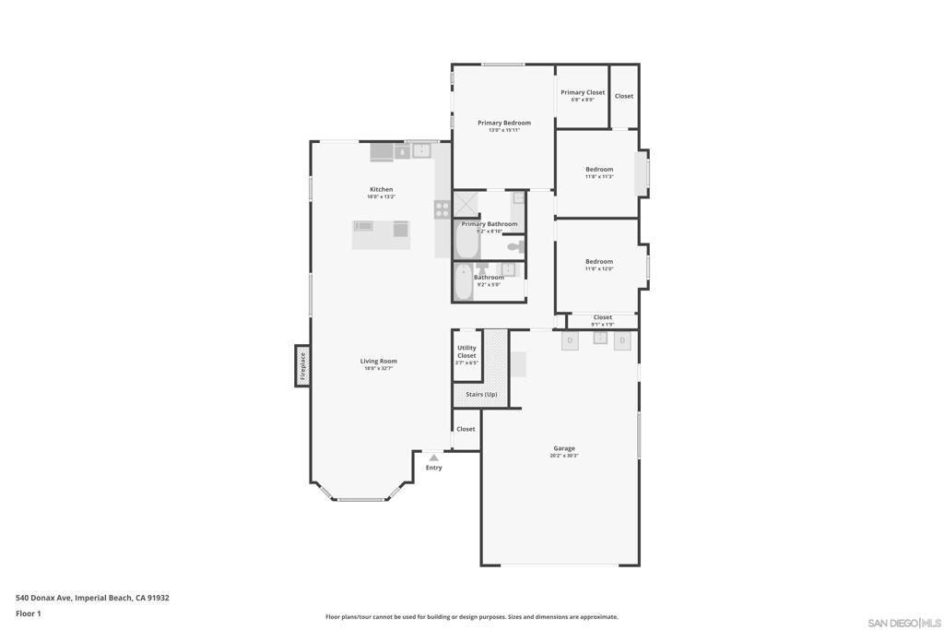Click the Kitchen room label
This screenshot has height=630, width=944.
pyautogui.click(x=381, y=189)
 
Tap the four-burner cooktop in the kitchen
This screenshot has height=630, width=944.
pyautogui.click(x=442, y=209)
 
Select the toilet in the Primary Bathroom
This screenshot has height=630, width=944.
pyautogui.click(x=515, y=245)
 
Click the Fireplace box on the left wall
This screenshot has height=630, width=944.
pyautogui.click(x=301, y=365)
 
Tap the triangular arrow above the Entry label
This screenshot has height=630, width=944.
pyautogui.click(x=433, y=458)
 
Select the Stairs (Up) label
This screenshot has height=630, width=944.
pyautogui.click(x=481, y=395)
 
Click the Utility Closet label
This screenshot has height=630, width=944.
pyautogui.click(x=466, y=351)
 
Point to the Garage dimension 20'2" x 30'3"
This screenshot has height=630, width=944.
pyautogui.click(x=565, y=456)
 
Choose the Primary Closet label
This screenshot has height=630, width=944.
pyautogui.click(x=583, y=92)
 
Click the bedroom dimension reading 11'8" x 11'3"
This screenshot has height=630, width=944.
pyautogui.click(x=599, y=176)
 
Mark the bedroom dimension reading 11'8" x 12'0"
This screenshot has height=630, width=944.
pyautogui.click(x=599, y=268)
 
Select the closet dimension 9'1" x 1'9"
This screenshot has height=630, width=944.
pyautogui.click(x=602, y=324)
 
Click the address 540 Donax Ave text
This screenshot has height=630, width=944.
pyautogui.click(x=92, y=598)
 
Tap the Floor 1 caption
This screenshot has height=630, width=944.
pyautogui.click(x=29, y=613)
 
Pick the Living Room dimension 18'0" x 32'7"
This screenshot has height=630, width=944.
pyautogui.click(x=380, y=368)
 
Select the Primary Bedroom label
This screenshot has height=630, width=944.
pyautogui.click(x=503, y=123)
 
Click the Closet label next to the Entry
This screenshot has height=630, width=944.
pyautogui.click(x=466, y=429)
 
